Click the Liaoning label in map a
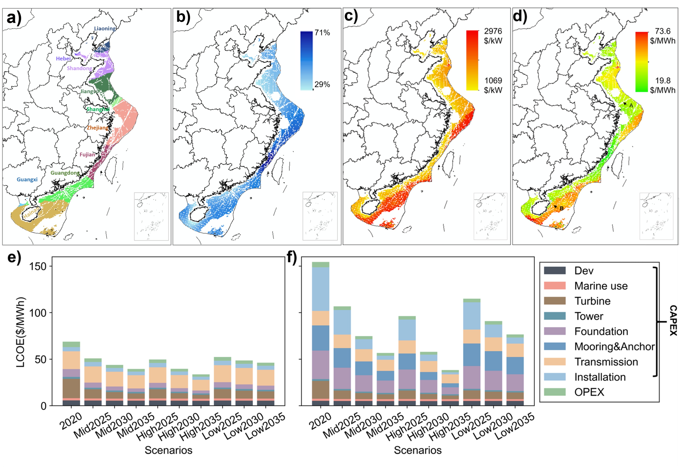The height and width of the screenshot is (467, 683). [x=105, y=29]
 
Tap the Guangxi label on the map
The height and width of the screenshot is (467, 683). [x=27, y=179]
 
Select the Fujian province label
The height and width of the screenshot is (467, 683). [x=87, y=154]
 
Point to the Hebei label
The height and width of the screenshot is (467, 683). [x=63, y=58]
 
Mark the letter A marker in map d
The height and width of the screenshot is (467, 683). [x=631, y=105]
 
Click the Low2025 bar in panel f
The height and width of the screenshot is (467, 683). [x=472, y=352]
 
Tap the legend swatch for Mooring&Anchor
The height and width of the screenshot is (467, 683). [x=555, y=346]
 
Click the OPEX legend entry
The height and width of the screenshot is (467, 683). [x=589, y=392]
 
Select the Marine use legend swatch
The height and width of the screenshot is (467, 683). [x=555, y=286]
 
